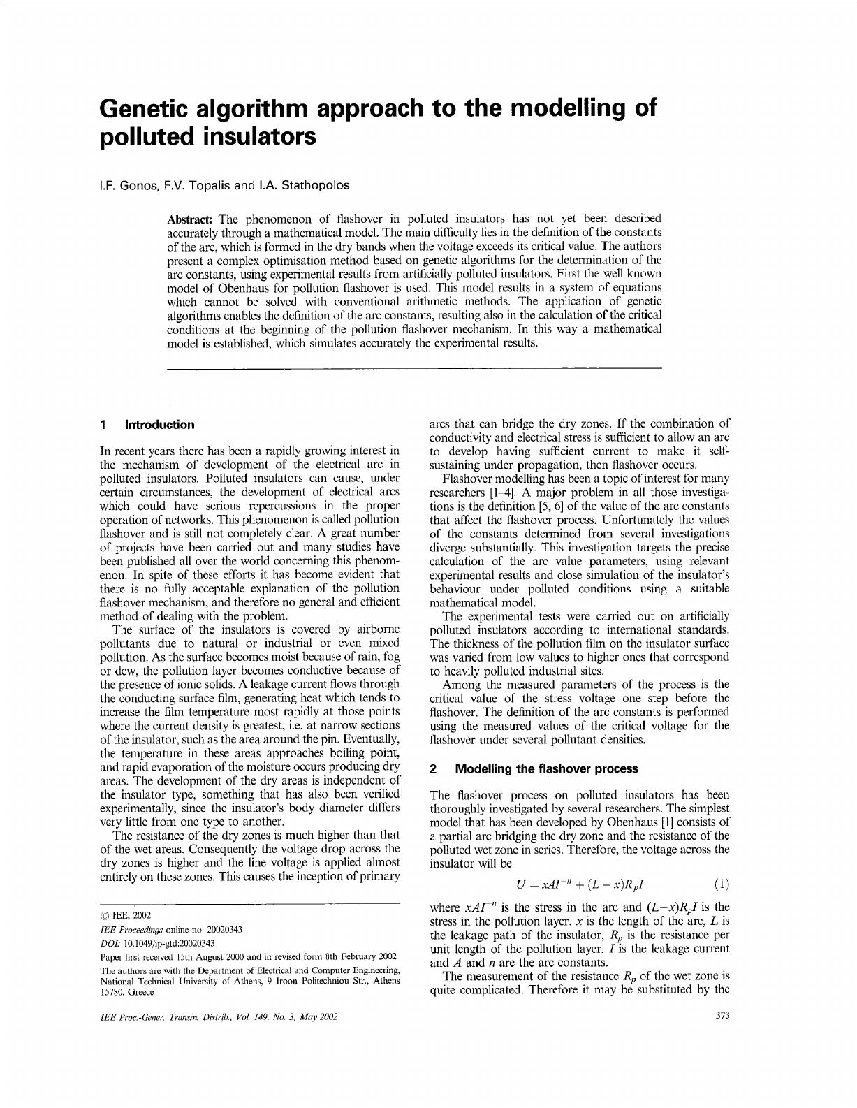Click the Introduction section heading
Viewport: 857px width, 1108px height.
(x=159, y=425)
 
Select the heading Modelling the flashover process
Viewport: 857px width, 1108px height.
(x=546, y=769)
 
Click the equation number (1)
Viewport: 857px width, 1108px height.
(x=722, y=884)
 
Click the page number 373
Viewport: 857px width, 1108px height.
(x=723, y=1016)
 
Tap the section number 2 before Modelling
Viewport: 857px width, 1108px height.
(x=433, y=769)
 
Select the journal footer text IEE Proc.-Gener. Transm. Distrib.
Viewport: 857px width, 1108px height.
(x=177, y=1017)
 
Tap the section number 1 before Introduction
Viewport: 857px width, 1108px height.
(x=103, y=425)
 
